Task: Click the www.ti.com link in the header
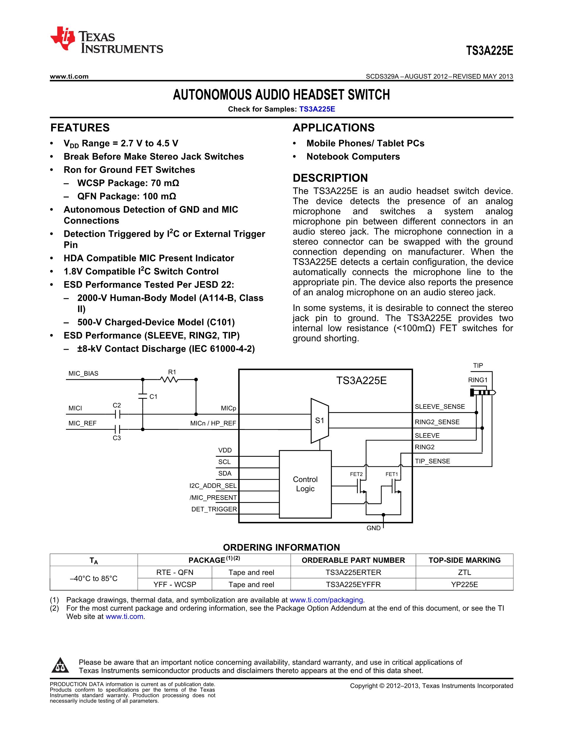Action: point(69,76)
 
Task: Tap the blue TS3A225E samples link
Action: point(317,109)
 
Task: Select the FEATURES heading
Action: point(80,128)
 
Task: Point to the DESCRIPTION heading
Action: point(330,178)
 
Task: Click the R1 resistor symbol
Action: point(169,380)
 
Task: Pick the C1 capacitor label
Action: point(153,396)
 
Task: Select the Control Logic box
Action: point(305,484)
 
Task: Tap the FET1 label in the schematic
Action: point(391,474)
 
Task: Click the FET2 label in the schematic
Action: point(356,474)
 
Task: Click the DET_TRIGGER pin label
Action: point(214,509)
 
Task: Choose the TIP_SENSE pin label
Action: point(432,461)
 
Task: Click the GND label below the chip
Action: point(373,528)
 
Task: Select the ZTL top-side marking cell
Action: point(464,572)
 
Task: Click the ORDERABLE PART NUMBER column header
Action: point(353,560)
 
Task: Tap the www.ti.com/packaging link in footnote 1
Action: point(326,600)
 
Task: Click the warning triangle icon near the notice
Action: point(60,665)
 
